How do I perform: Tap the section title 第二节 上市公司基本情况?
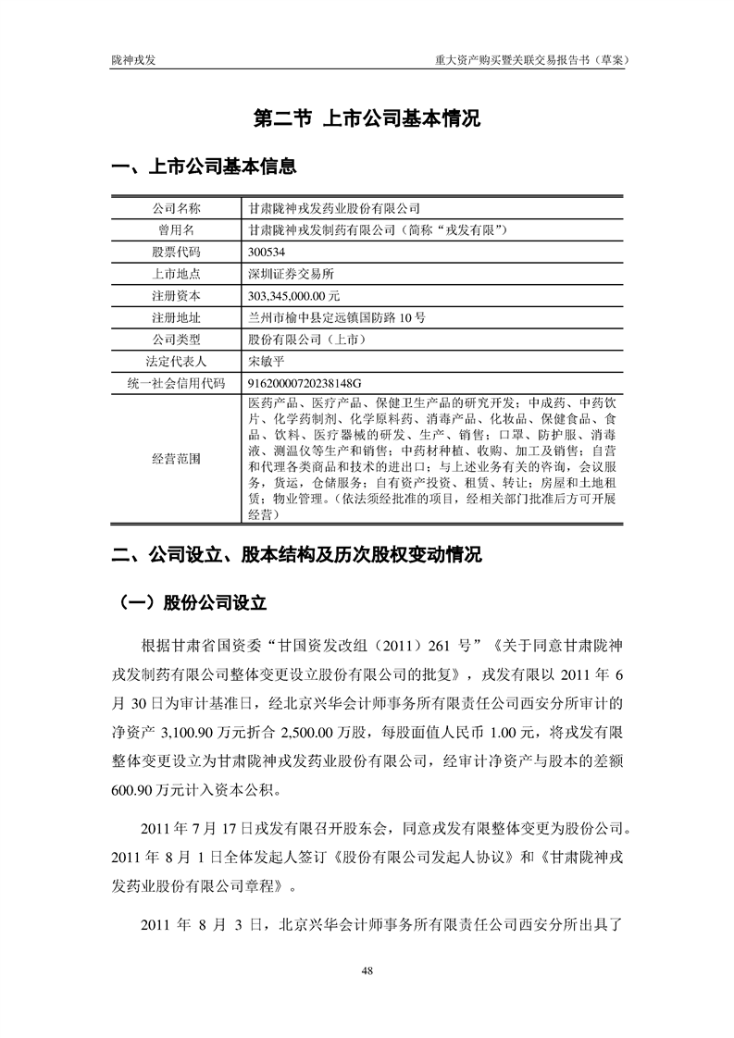coord(367,118)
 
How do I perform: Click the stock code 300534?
coord(269,252)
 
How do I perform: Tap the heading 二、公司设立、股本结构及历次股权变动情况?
coord(296,556)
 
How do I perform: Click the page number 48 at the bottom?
coord(367,970)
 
